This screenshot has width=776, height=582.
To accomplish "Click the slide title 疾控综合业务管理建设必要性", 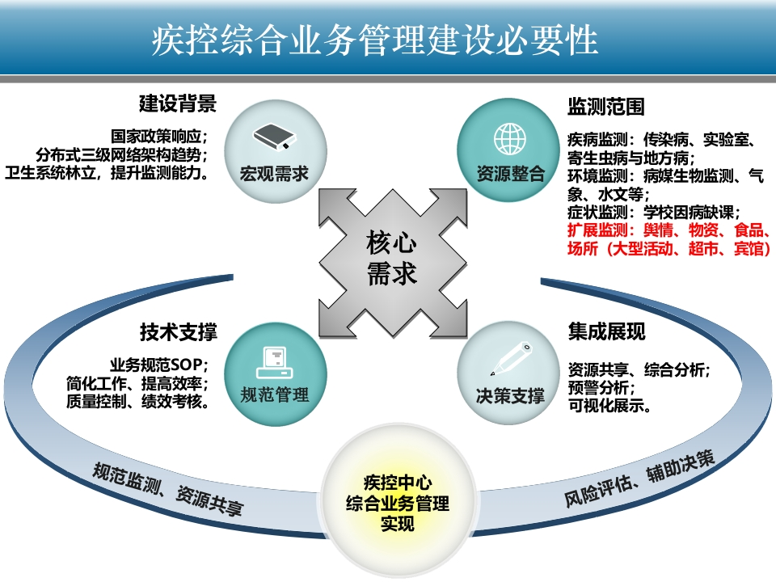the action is pyautogui.click(x=374, y=40).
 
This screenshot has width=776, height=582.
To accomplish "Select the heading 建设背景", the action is pyautogui.click(x=178, y=104).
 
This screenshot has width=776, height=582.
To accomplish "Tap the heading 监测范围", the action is pyautogui.click(x=606, y=107).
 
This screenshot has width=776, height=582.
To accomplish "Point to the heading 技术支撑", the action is pyautogui.click(x=178, y=332).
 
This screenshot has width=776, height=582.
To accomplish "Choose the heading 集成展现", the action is pyautogui.click(x=607, y=331).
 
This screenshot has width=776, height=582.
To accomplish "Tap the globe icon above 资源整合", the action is pyautogui.click(x=510, y=139).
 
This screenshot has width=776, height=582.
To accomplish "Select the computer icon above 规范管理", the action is pyautogui.click(x=274, y=363).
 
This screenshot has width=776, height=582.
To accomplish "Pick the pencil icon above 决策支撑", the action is pyautogui.click(x=511, y=358).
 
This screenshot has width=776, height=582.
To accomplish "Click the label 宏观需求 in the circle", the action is pyautogui.click(x=274, y=174).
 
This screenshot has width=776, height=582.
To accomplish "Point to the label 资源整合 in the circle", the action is pyautogui.click(x=511, y=174).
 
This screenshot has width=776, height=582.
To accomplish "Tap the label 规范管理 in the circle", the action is pyautogui.click(x=275, y=395).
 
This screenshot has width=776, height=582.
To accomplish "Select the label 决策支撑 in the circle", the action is pyautogui.click(x=510, y=395).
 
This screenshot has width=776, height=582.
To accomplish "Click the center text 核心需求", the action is pyautogui.click(x=391, y=258).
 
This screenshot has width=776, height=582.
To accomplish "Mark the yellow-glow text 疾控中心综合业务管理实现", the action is pyautogui.click(x=398, y=503).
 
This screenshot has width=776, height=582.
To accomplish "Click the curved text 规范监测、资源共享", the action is pyautogui.click(x=167, y=489).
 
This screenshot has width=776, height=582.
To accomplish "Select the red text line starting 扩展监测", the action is pyautogui.click(x=668, y=230).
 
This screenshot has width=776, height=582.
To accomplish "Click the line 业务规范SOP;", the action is pyautogui.click(x=159, y=365).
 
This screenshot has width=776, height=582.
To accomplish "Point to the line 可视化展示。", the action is pyautogui.click(x=609, y=406).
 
